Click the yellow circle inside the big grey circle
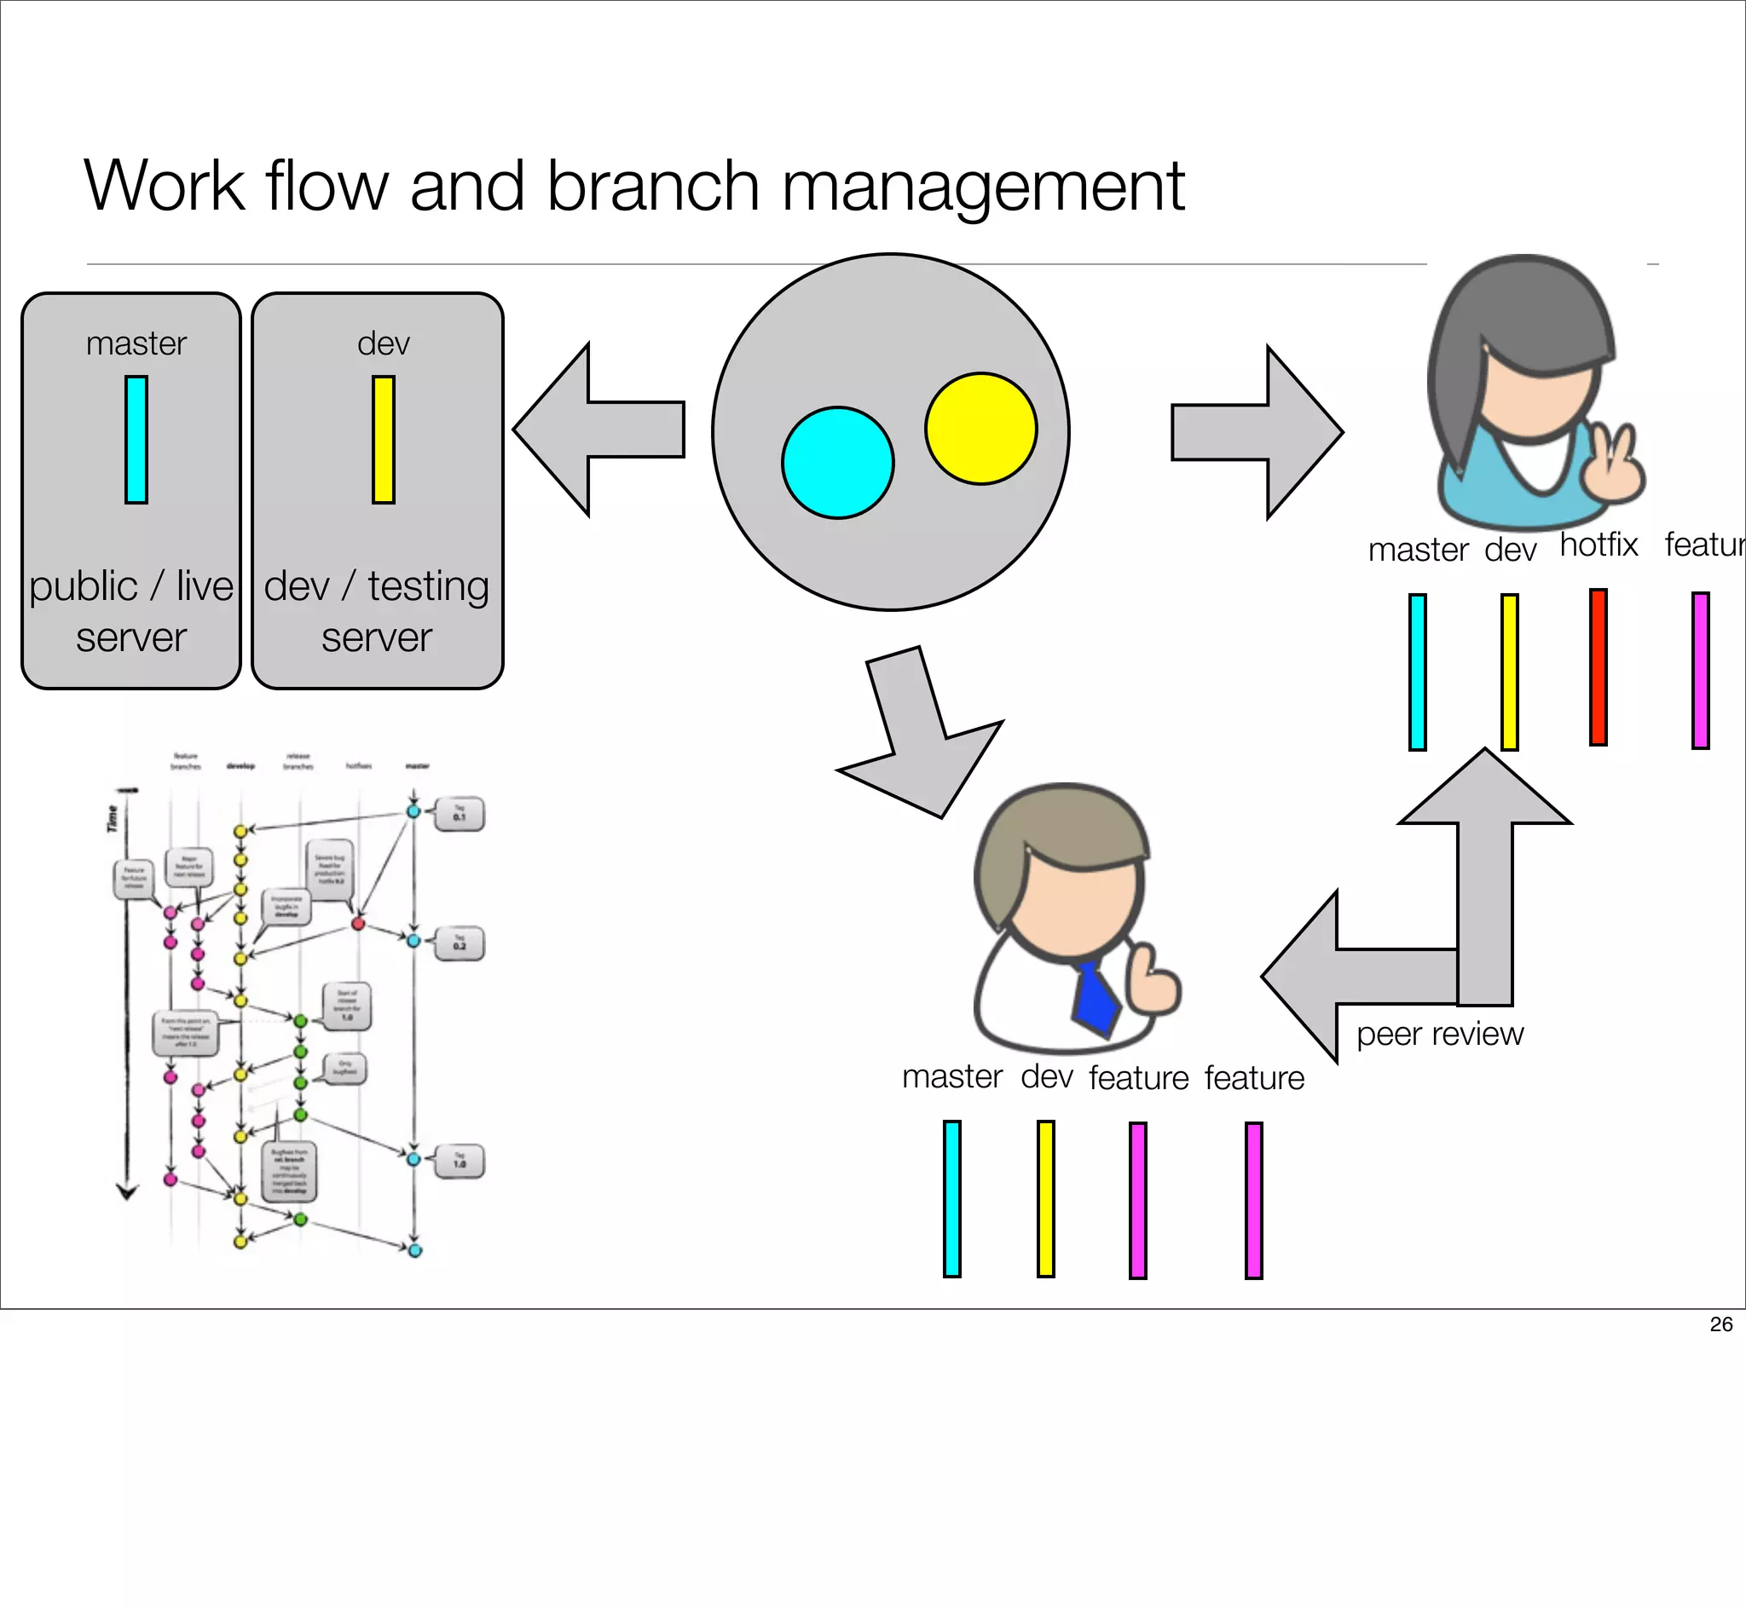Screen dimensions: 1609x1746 click(980, 429)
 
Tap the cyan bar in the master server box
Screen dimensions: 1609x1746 click(136, 440)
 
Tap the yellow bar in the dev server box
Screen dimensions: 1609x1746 click(383, 440)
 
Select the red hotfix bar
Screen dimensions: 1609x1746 click(1597, 667)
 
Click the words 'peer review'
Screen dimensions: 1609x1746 click(1439, 1034)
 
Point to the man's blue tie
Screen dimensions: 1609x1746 click(1095, 1002)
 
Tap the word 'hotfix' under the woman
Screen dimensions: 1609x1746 click(1598, 545)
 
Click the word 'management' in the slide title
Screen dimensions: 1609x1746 click(982, 187)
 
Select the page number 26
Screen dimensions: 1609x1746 click(1720, 1324)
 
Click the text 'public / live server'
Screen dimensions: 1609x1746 click(130, 610)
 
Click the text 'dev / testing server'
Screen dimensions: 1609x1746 click(376, 610)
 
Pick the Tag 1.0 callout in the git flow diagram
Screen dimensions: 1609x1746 click(460, 1161)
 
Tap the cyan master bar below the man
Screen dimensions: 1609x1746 click(951, 1198)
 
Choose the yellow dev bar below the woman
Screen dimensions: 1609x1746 click(1509, 672)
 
